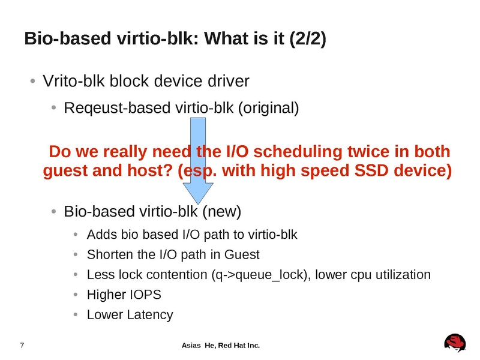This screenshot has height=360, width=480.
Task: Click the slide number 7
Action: (x=22, y=345)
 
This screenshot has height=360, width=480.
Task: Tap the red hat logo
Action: (x=455, y=343)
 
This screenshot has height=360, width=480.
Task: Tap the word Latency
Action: (x=149, y=314)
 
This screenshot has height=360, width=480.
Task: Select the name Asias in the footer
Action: (x=191, y=345)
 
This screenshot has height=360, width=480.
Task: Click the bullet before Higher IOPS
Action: (x=74, y=295)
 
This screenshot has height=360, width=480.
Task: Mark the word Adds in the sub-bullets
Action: (x=100, y=234)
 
